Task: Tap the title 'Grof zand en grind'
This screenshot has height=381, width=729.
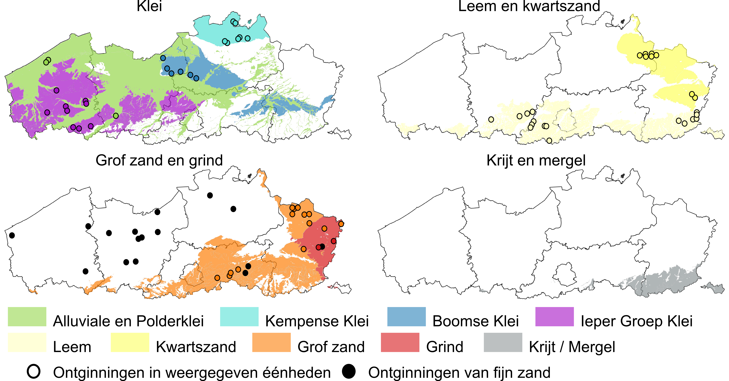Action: click(x=159, y=161)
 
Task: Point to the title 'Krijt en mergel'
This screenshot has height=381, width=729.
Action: click(x=536, y=161)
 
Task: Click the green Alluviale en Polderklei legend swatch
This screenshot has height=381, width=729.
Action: click(x=27, y=317)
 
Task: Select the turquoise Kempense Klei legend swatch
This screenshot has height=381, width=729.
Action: click(x=239, y=317)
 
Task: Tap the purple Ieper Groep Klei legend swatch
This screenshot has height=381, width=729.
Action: click(x=554, y=317)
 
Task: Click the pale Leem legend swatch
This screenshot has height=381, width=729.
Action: click(x=27, y=342)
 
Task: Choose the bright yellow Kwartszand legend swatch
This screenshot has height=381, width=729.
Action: click(x=130, y=342)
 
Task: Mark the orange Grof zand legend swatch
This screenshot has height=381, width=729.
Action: click(x=271, y=342)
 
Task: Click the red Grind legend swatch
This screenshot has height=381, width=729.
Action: click(x=400, y=342)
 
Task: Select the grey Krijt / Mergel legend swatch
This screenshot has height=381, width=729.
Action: click(x=503, y=342)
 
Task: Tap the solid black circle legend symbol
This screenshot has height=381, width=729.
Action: click(x=349, y=371)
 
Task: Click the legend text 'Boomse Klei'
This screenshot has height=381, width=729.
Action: click(x=475, y=321)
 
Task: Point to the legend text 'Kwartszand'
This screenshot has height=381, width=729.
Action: click(x=196, y=347)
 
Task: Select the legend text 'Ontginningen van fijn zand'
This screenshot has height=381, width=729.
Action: click(x=459, y=372)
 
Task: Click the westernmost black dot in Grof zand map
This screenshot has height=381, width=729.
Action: click(x=12, y=235)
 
